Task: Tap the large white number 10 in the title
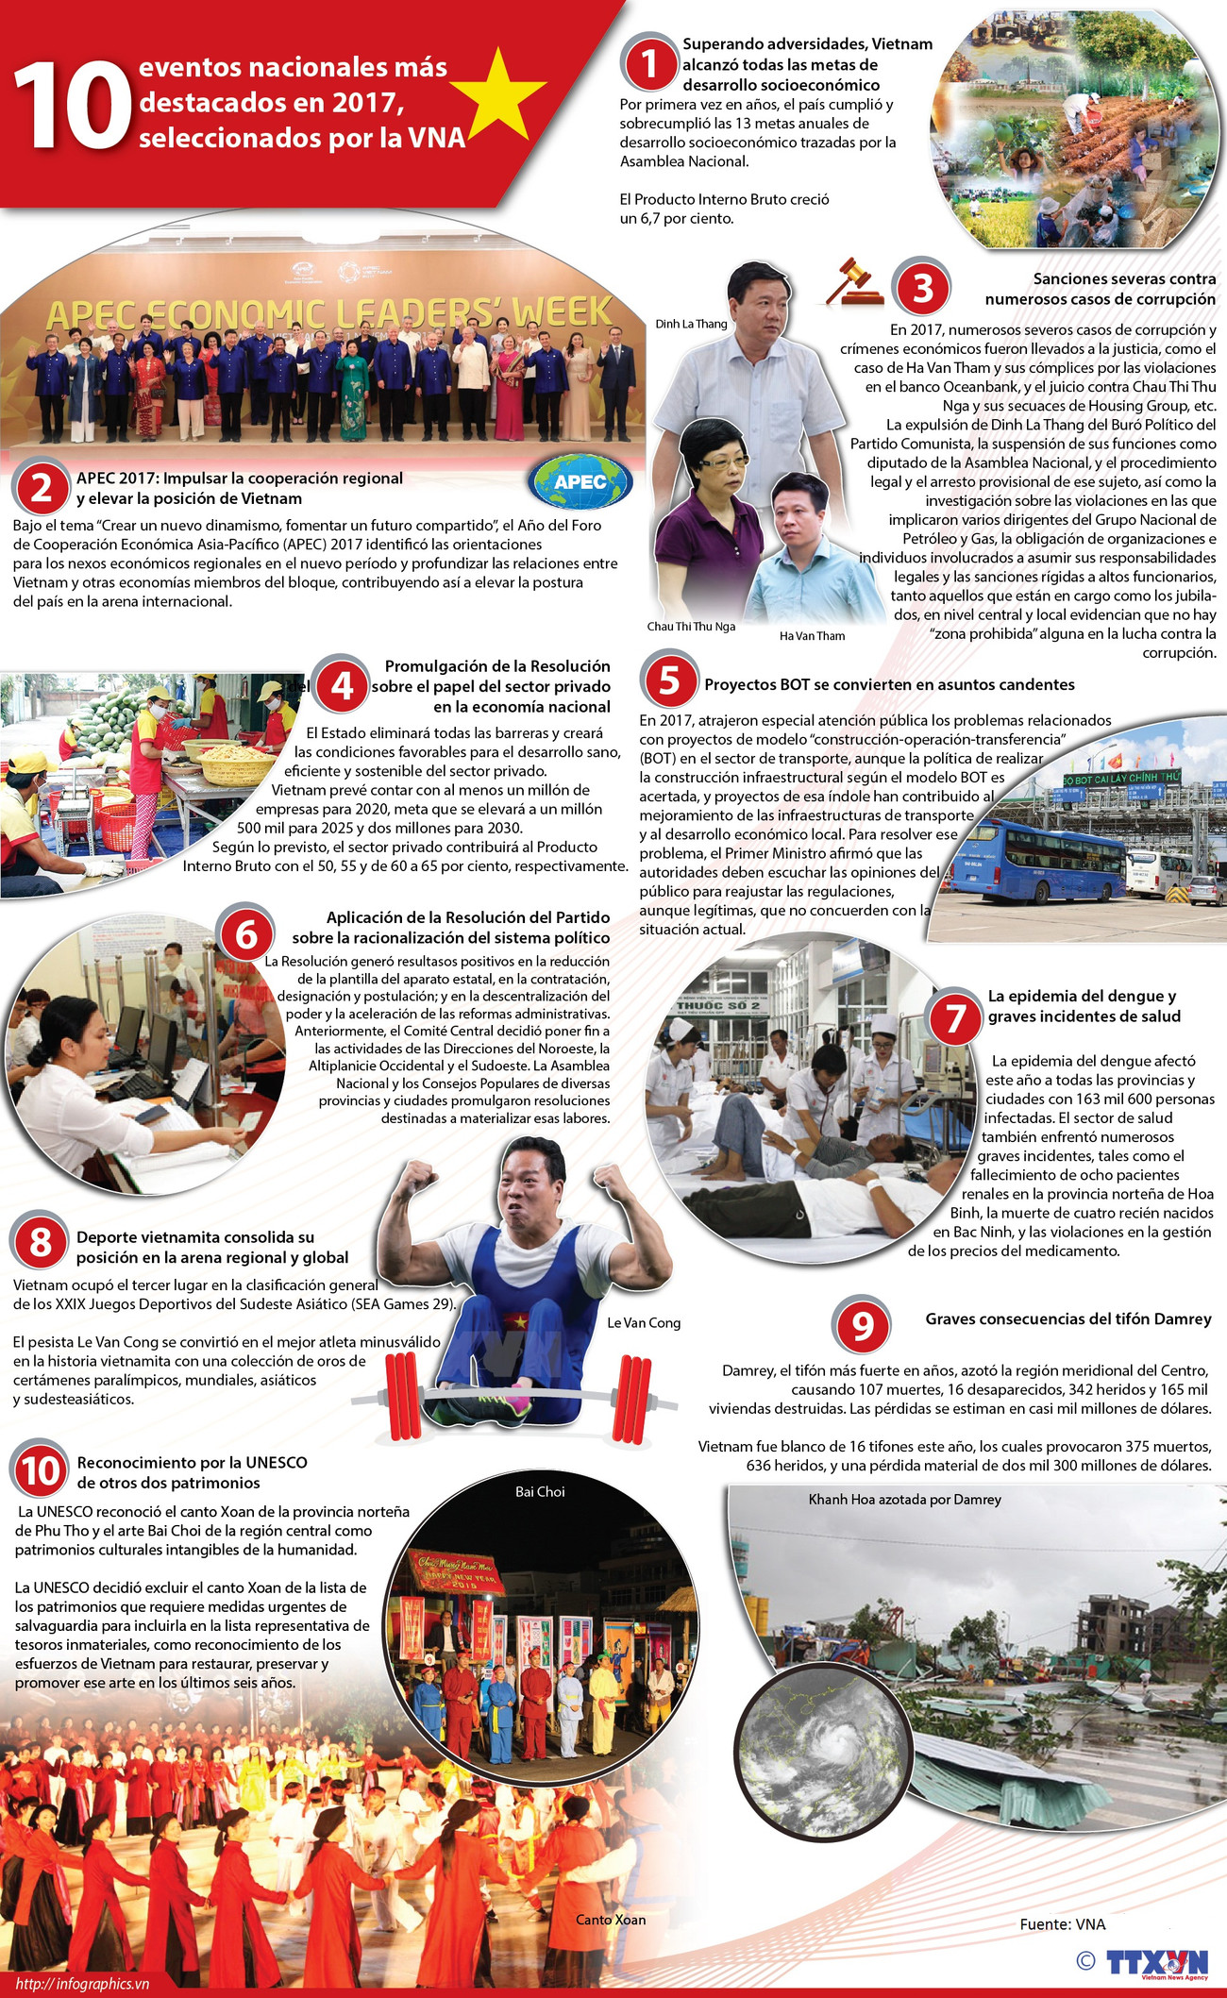(x=72, y=107)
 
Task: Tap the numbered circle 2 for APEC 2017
(x=41, y=488)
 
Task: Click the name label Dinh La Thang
(x=691, y=324)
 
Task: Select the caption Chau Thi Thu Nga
(x=691, y=627)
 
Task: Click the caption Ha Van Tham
(x=812, y=636)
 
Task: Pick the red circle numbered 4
(x=342, y=686)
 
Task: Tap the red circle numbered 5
(x=669, y=680)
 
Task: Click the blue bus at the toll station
(x=1036, y=860)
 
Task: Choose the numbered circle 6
(x=246, y=934)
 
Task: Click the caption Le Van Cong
(x=643, y=1323)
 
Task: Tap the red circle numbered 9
(x=862, y=1326)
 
